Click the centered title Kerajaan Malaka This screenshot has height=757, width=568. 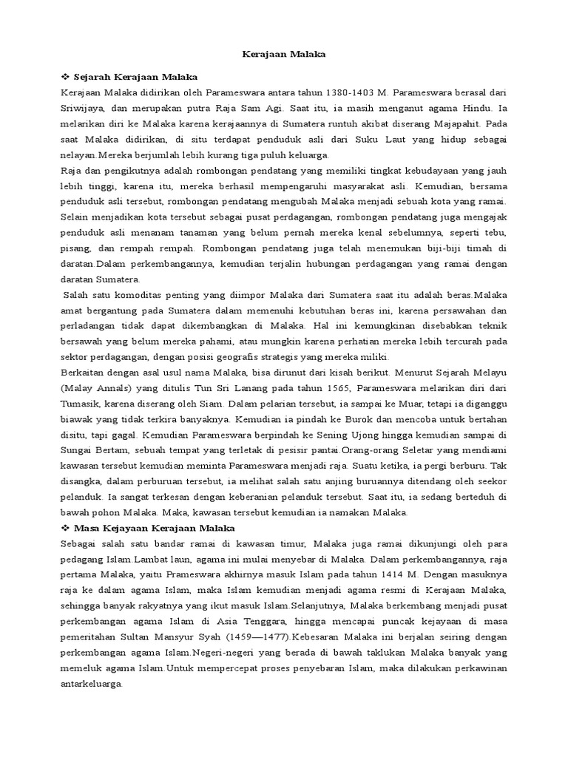click(285, 54)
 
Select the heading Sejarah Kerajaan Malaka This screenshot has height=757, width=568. click(136, 77)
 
